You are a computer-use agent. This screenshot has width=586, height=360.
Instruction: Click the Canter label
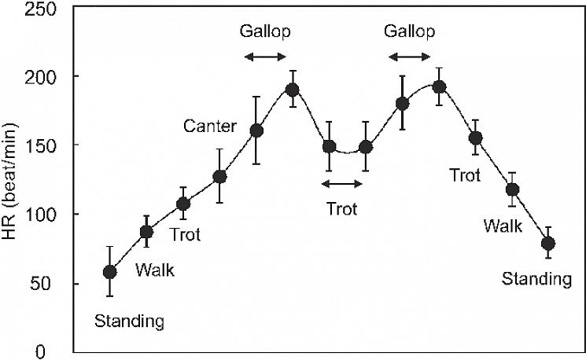pyautogui.click(x=207, y=125)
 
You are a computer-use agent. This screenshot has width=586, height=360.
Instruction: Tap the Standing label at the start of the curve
pyautogui.click(x=129, y=321)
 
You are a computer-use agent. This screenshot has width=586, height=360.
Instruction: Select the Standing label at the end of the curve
pyautogui.click(x=537, y=279)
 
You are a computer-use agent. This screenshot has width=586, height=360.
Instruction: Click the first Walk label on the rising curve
pyautogui.click(x=155, y=271)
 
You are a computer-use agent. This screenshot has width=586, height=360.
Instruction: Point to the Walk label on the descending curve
pyautogui.click(x=503, y=226)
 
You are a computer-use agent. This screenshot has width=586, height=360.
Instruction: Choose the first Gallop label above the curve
pyautogui.click(x=265, y=32)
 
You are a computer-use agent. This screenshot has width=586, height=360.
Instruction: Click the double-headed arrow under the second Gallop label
pyautogui.click(x=410, y=57)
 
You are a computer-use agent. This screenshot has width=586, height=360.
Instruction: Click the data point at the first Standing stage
pyautogui.click(x=110, y=272)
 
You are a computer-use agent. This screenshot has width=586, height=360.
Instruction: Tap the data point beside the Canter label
pyautogui.click(x=256, y=130)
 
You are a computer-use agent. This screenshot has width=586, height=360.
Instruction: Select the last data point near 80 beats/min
pyautogui.click(x=548, y=243)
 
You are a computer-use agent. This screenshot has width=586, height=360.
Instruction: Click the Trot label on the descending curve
pyautogui.click(x=465, y=176)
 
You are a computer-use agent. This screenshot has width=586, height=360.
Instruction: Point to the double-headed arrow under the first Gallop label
pyautogui.click(x=265, y=57)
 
